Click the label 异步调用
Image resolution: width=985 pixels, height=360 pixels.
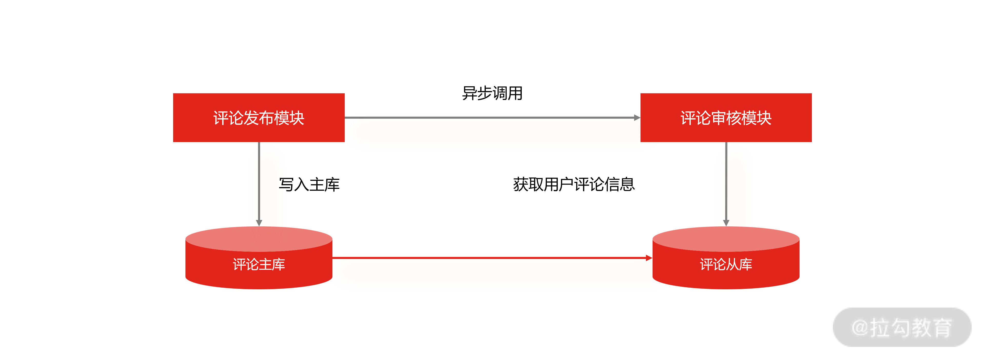point(492,93)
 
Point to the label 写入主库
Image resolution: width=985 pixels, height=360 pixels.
point(309,184)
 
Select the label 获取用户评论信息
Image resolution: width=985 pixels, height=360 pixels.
point(574,184)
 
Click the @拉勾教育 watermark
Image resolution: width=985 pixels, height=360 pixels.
point(902,327)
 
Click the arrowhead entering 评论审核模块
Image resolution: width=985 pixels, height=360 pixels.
point(637,118)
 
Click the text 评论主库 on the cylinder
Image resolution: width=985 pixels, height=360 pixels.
point(259,264)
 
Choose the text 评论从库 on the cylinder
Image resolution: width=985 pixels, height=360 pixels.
point(726,264)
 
